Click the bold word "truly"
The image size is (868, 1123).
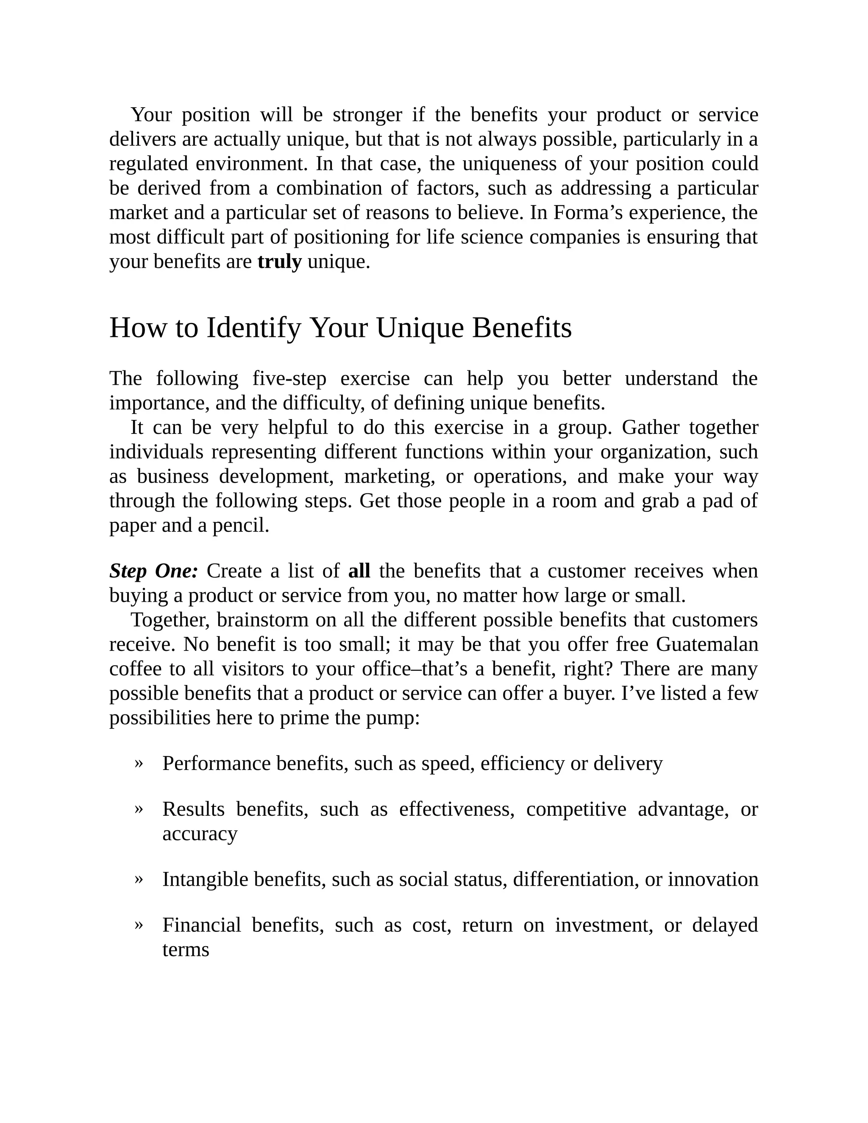[279, 262]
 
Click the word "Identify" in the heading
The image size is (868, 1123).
[253, 328]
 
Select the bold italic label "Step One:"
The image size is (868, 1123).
[153, 571]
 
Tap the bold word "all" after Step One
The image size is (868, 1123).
[359, 571]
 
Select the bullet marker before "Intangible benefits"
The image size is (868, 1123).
[138, 879]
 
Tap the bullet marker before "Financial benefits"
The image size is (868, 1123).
[138, 925]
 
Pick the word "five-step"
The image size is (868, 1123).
[289, 379]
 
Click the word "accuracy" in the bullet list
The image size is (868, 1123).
[200, 834]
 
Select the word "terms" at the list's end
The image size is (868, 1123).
[186, 949]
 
